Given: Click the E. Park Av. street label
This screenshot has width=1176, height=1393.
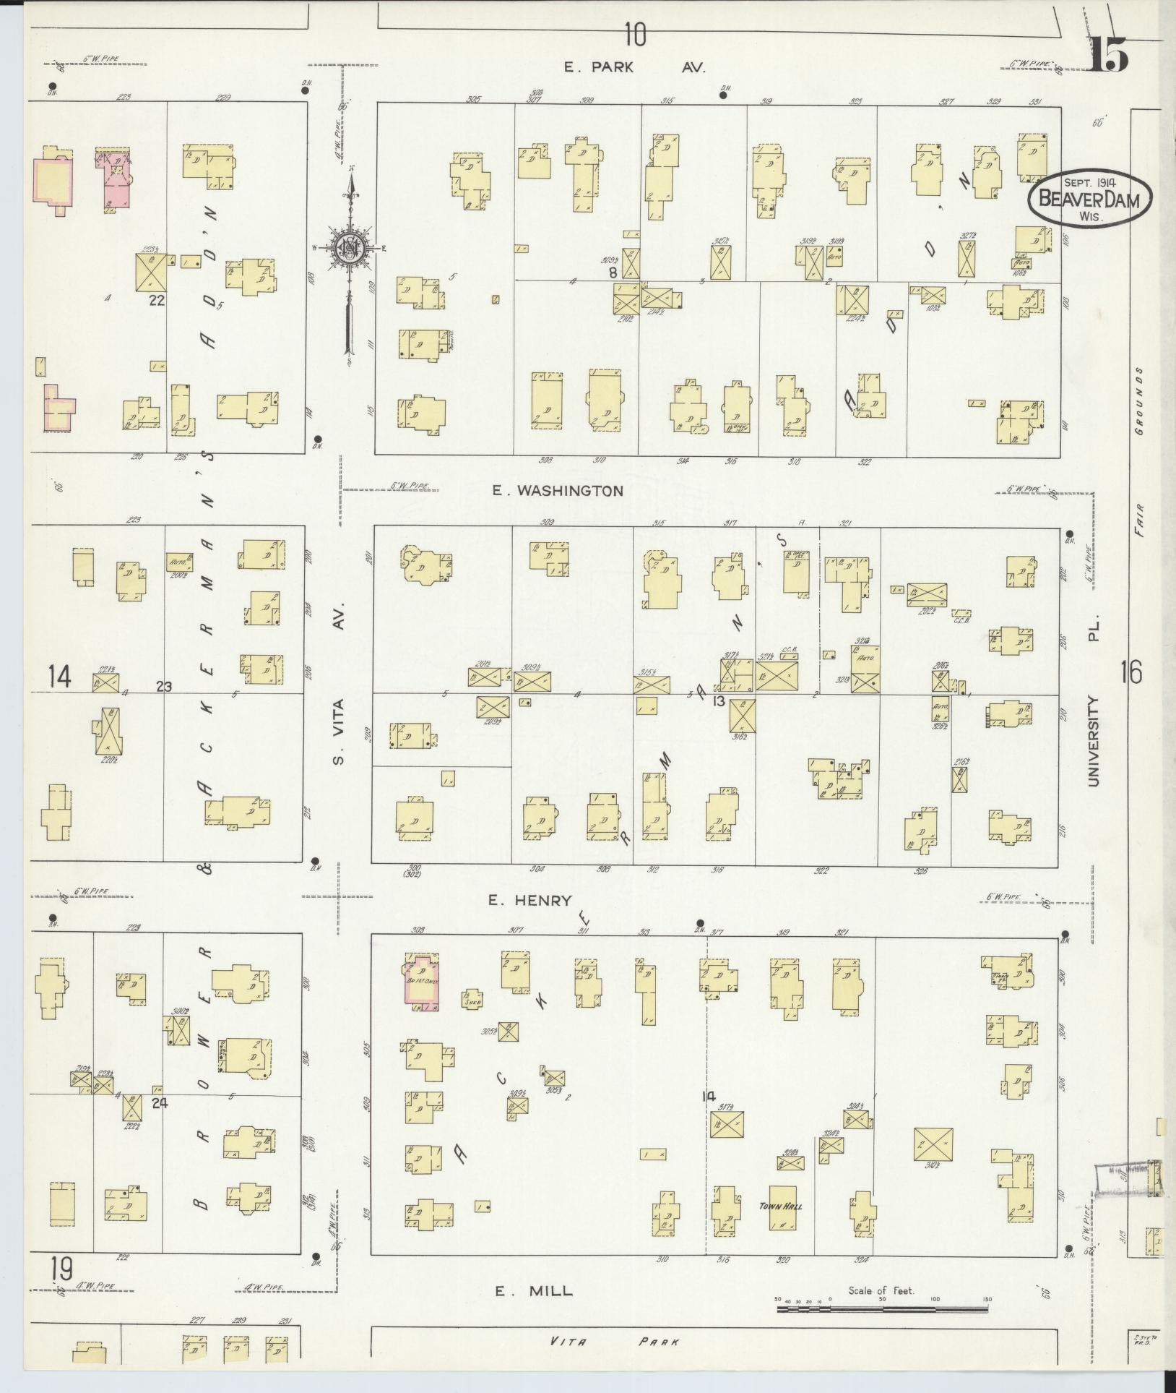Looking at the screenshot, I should click(634, 67).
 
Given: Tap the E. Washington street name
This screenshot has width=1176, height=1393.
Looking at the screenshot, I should click(557, 491).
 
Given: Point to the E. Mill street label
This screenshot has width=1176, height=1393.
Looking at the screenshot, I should click(534, 1290).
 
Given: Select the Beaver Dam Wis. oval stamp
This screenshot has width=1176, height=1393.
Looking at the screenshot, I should click(1089, 194).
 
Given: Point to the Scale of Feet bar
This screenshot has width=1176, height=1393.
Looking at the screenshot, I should click(881, 1308).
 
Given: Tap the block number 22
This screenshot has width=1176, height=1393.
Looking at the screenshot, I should click(156, 300).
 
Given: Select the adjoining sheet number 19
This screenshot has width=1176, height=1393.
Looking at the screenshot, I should click(61, 1268).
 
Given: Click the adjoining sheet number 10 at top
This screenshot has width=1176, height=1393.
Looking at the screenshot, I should click(635, 34).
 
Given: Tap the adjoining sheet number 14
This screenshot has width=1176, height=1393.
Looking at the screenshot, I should click(60, 677).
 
